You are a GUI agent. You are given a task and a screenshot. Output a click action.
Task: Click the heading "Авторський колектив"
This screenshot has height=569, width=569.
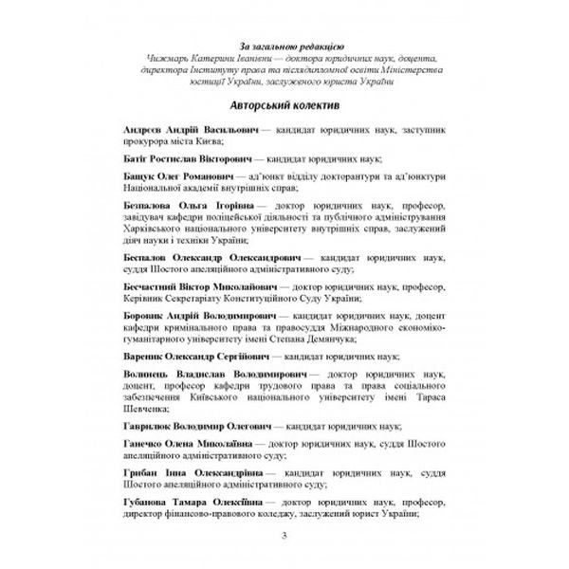(284, 102)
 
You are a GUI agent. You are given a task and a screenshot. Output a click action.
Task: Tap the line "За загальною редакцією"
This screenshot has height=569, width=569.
(284, 45)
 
